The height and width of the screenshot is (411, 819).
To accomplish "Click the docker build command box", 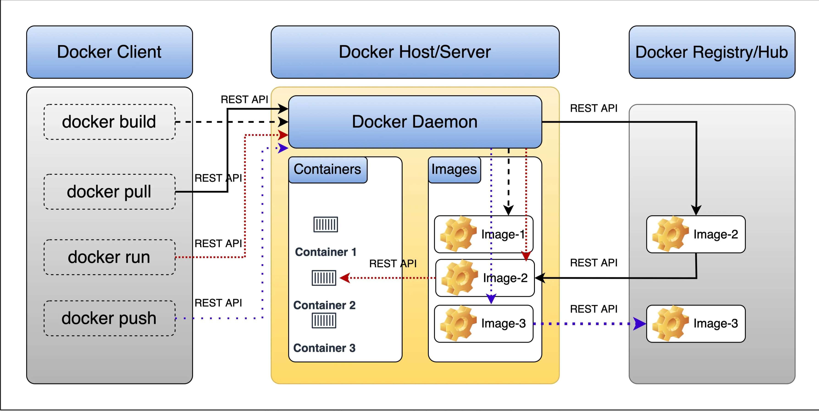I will coord(109,122).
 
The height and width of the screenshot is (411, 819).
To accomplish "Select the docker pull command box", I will coord(109,192).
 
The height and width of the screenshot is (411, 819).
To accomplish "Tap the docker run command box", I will coord(109,257).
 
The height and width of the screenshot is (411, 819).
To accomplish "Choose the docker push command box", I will coord(109,318).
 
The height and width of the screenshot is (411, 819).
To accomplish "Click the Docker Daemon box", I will coord(415,122).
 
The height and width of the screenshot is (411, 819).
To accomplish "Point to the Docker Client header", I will coord(109,52).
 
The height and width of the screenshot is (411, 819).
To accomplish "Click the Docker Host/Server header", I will coord(415,52).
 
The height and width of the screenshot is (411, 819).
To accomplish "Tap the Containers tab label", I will coord(327,170).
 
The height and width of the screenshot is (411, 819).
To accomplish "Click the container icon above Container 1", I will coord(326,225).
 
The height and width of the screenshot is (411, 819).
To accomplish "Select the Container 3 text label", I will coord(324,348).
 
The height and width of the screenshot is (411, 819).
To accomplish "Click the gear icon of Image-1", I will coord(458,234).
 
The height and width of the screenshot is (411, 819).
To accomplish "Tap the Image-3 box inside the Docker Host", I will coord(483,324).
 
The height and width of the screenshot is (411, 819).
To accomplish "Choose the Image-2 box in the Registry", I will coord(696,234).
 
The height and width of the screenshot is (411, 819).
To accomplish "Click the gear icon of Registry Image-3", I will coord(670,324).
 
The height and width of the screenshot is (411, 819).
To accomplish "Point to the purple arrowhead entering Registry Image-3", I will coord(639,324).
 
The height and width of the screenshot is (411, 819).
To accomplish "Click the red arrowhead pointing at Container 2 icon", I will coord(345,278).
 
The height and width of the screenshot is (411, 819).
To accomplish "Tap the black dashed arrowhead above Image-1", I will coord(508,210).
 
